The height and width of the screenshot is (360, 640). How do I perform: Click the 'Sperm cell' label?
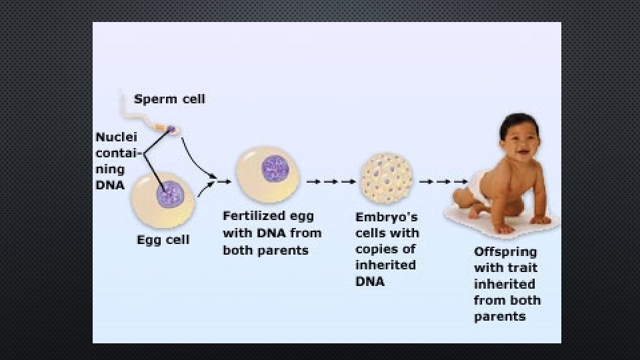point(169,99)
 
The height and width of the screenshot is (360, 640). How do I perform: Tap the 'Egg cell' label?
point(163,240)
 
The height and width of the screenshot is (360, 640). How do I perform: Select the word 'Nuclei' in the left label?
point(116,137)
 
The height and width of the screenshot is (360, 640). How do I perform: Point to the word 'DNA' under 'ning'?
point(110,185)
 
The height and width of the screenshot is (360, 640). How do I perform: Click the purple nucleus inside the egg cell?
point(170,195)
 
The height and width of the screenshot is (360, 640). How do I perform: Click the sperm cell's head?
point(171,129)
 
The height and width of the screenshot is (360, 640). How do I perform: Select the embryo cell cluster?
point(386,180)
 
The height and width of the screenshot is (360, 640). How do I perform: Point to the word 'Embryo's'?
point(387,217)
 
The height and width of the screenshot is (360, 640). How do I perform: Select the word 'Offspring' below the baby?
point(505,253)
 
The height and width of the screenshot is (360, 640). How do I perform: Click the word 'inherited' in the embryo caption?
point(385,265)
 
